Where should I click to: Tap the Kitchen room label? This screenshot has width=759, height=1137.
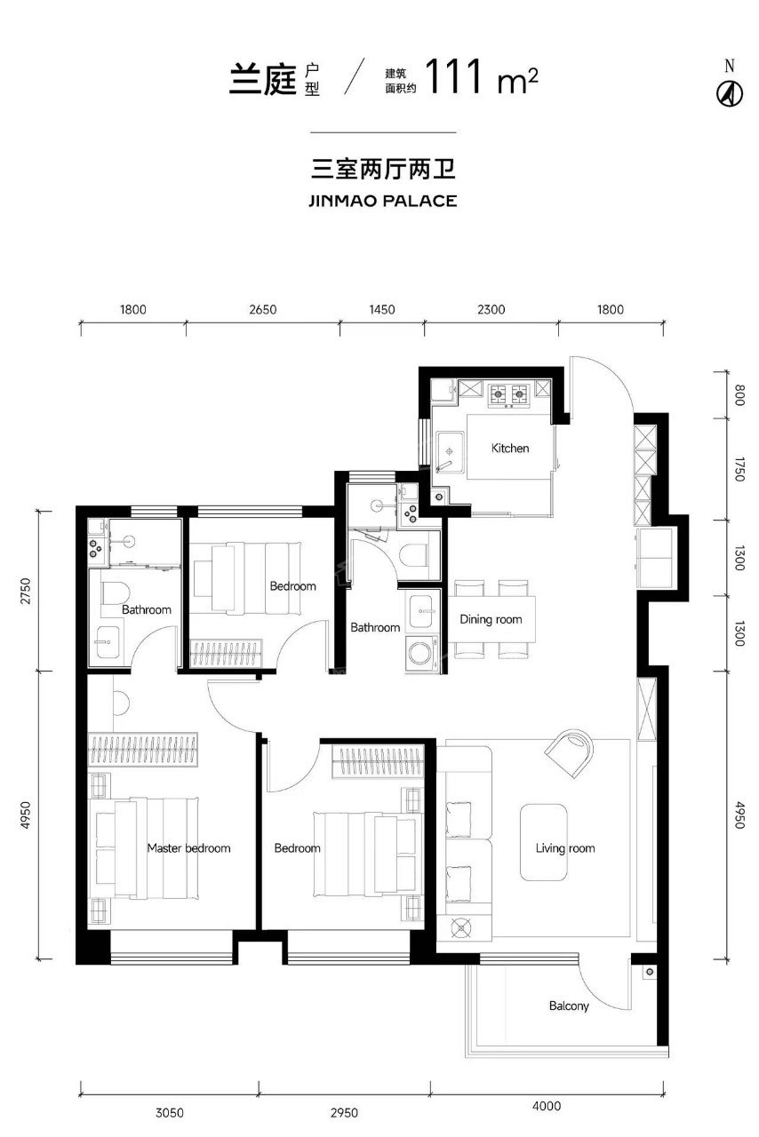tap(509, 449)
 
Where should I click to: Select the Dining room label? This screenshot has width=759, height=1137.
tap(491, 619)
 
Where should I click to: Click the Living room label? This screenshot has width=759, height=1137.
tap(565, 848)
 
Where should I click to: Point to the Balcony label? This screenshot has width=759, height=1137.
tap(569, 1006)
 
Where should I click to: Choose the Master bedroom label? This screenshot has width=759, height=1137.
tap(188, 848)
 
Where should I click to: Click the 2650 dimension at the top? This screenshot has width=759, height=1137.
tap(263, 309)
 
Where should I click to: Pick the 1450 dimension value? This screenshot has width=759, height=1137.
tap(381, 309)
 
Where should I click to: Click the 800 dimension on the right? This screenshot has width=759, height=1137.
tap(739, 395)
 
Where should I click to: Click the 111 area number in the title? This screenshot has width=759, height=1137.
tap(452, 76)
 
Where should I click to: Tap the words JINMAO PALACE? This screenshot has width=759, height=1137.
tap(382, 201)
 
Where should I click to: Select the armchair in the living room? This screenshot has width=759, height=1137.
tap(570, 752)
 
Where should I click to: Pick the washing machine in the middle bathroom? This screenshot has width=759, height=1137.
tap(421, 653)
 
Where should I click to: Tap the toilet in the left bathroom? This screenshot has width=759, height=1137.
tap(115, 594)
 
